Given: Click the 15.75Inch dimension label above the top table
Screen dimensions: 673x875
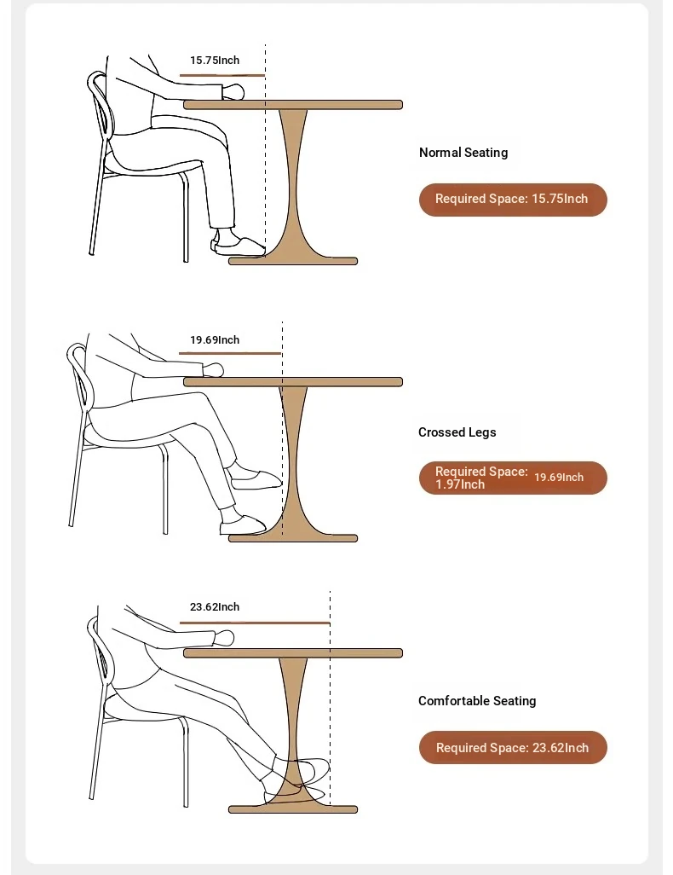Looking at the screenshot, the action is point(215,61).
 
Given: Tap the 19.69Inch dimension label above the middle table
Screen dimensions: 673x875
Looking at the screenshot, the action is point(215,339).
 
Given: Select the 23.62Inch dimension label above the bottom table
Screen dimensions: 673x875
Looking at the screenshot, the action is point(215,606).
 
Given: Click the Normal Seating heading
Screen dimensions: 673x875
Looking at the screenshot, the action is point(463,153).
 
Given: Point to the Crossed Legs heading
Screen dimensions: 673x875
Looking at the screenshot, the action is point(457,432).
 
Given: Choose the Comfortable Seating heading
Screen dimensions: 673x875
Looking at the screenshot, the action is point(477,701).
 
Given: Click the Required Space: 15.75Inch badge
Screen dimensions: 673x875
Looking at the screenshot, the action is point(513,200).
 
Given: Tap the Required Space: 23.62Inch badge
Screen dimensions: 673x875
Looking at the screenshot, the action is point(513,747).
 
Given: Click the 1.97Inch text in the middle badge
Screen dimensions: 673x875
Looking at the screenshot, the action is point(460,484).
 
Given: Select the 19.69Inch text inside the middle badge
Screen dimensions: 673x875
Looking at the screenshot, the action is point(559,477).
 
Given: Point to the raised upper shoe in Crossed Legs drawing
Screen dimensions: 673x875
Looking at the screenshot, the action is point(256,479).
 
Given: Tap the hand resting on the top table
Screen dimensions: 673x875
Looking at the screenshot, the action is point(233,91).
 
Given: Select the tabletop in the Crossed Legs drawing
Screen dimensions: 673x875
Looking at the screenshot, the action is point(293,382).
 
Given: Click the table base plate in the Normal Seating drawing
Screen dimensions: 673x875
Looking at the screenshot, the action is point(293,261).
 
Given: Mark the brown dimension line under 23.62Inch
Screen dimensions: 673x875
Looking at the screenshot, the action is point(255,623).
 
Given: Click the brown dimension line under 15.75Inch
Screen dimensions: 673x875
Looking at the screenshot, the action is point(221,75).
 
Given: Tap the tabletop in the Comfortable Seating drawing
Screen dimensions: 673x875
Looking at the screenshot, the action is point(293,653).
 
